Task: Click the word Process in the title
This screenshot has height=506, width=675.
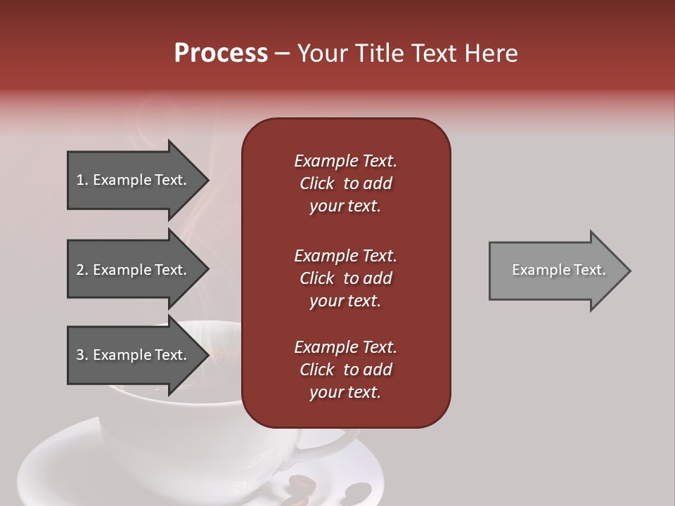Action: click(x=221, y=53)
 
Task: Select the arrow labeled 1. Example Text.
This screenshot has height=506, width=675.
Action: click(x=134, y=180)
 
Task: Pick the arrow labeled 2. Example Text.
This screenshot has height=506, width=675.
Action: click(x=134, y=270)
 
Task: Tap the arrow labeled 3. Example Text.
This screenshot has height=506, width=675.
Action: click(x=134, y=355)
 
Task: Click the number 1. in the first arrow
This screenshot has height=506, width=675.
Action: click(x=82, y=180)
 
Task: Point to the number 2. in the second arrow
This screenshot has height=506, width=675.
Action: click(x=82, y=270)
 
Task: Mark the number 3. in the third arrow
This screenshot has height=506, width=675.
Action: click(x=82, y=355)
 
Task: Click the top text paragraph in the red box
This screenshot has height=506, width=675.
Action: click(x=345, y=183)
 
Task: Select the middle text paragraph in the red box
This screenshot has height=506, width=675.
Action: click(x=345, y=278)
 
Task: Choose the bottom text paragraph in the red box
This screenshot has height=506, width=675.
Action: click(x=345, y=370)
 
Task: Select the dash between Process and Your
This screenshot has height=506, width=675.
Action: click(x=282, y=54)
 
